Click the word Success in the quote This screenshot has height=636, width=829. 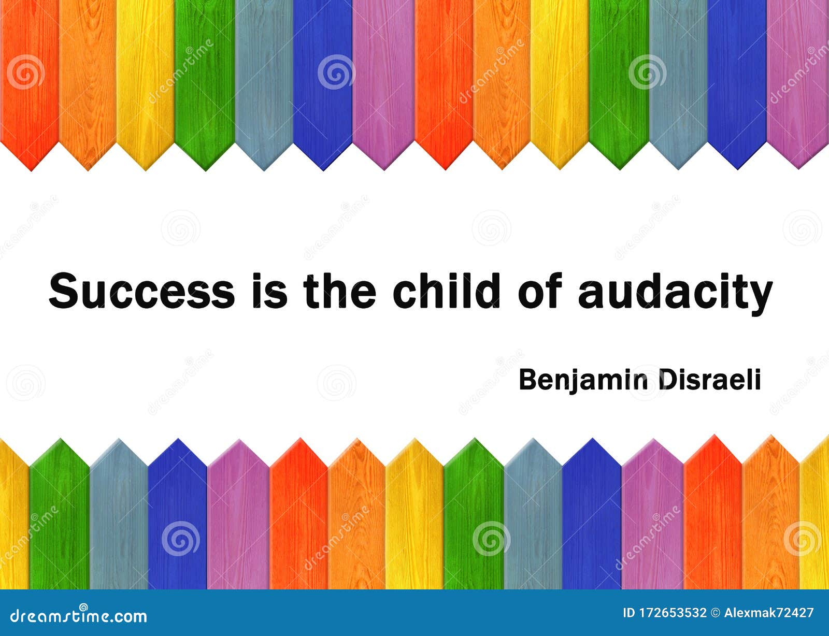142,291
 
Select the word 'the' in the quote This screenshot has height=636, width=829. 339,291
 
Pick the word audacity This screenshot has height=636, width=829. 675,294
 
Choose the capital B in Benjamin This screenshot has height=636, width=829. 529,379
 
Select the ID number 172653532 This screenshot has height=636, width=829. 673,613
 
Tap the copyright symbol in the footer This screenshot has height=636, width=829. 716,613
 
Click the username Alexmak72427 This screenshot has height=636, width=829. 769,613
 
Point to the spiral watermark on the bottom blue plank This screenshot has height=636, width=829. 180,539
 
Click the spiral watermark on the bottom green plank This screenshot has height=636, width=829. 491,539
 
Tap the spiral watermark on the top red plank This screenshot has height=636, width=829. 25,71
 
